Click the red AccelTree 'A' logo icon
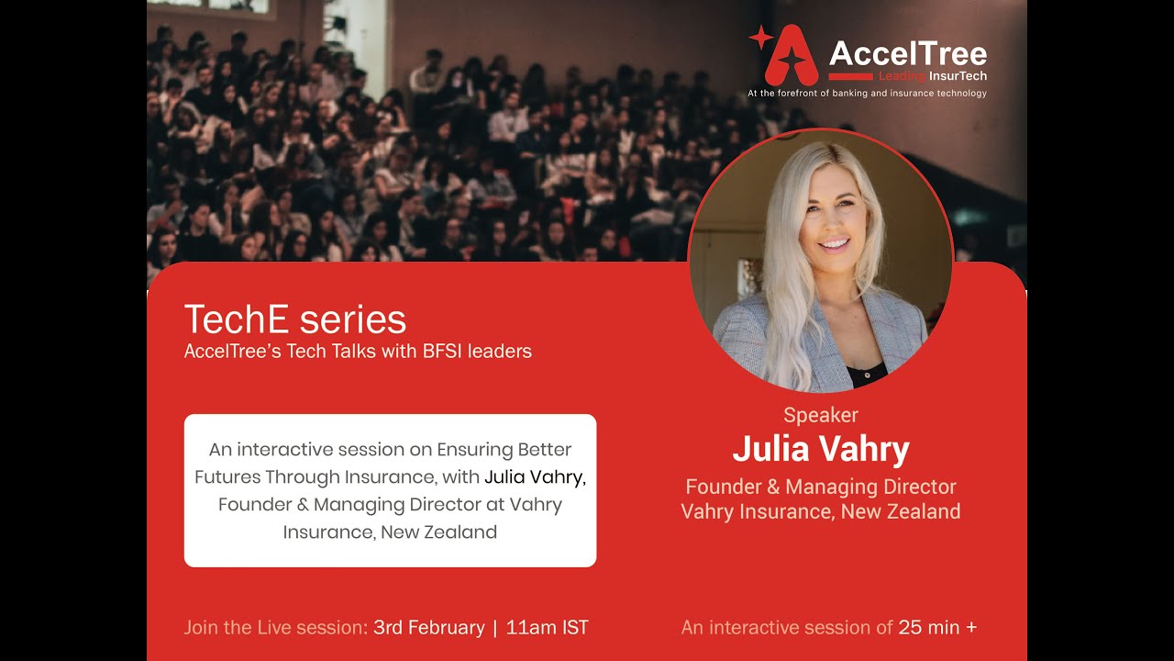coord(792,55)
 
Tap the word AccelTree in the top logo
coord(907,53)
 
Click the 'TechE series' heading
coord(294,319)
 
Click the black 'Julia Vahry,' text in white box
coord(535,476)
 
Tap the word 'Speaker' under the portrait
coord(820,415)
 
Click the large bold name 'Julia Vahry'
coord(820,450)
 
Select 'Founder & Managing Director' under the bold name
coord(820,487)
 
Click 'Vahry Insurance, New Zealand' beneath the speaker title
coord(820,511)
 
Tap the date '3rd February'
coord(428,628)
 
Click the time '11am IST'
coord(547,628)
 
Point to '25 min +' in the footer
coord(937,628)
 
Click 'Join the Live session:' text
coord(275,628)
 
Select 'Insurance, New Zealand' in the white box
coord(390,532)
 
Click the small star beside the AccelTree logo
coord(760,38)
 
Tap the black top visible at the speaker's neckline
coord(866,374)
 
